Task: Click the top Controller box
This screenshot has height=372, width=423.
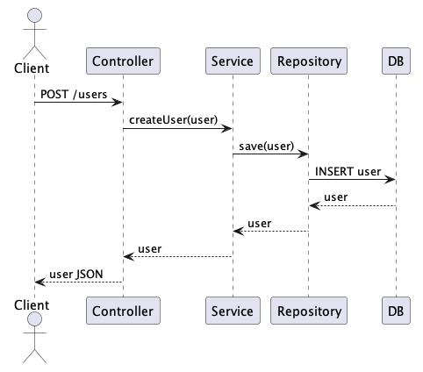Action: (x=123, y=61)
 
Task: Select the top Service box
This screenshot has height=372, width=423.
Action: (x=233, y=61)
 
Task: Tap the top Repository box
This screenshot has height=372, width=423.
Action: (x=309, y=61)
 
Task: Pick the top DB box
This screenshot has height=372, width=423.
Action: (x=396, y=61)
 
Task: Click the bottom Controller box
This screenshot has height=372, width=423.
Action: (x=123, y=311)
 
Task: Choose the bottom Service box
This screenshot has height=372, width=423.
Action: (x=233, y=311)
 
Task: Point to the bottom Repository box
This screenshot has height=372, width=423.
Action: (x=309, y=311)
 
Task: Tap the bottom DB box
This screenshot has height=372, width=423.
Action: (x=396, y=311)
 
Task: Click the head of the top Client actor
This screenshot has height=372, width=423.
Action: (x=34, y=16)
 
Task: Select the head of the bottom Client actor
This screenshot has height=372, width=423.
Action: (x=34, y=319)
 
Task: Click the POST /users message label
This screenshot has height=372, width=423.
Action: (x=74, y=95)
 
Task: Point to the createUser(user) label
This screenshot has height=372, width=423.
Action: (x=174, y=120)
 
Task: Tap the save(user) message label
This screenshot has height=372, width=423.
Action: (x=267, y=146)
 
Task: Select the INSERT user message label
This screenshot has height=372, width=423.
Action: (x=348, y=171)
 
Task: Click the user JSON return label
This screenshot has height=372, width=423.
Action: (x=76, y=275)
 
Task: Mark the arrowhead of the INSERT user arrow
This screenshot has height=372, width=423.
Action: (x=391, y=180)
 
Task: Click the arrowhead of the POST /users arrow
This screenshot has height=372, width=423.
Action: (x=117, y=103)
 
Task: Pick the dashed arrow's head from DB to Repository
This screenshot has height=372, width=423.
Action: (x=315, y=206)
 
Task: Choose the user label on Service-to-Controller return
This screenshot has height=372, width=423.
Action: (x=150, y=249)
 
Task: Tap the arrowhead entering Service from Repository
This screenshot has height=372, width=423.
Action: (x=239, y=232)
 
